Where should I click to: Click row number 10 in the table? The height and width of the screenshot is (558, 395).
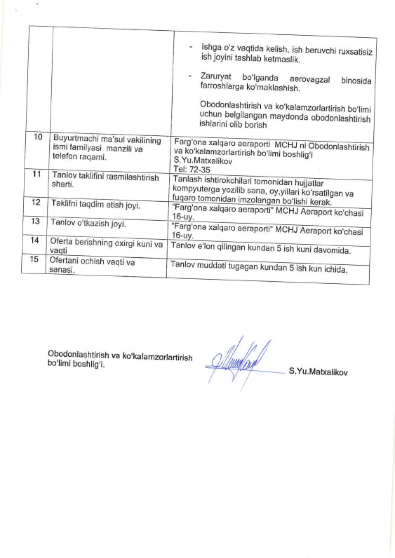38,137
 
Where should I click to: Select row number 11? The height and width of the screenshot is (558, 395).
37,174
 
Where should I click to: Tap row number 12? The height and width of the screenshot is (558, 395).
36,202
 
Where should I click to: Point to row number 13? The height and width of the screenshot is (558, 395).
36,221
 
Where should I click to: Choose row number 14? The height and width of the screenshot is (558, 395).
35,240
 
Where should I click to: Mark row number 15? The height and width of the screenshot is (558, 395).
34,259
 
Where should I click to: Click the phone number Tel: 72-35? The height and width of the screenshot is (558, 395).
192,170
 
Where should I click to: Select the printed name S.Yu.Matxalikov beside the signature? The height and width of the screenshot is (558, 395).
318,371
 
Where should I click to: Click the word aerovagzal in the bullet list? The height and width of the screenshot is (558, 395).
309,79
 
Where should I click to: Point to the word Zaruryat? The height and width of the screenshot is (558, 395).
216,76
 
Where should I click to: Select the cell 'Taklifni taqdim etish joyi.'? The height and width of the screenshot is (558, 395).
96,204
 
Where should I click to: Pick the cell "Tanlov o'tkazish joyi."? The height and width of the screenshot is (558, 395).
88,223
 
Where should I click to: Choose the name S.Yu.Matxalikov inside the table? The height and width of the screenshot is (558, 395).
203,161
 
